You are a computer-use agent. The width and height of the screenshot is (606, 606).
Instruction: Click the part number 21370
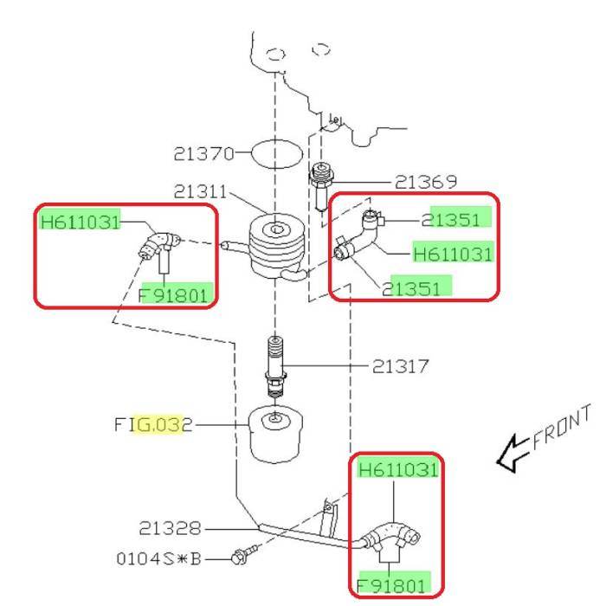coord(203,154)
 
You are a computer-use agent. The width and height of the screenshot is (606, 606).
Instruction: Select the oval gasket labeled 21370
coord(277,154)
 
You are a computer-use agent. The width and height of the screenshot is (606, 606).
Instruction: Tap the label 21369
coord(426,182)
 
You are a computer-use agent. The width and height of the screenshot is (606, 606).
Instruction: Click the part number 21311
coord(200,191)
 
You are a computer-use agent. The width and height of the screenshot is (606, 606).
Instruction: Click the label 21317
coord(400,366)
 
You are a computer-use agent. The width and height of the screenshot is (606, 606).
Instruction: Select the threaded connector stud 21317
coord(275,366)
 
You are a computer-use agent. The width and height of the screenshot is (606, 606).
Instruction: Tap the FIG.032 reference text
coord(153,425)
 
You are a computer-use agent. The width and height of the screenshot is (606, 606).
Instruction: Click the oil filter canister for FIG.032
coord(275,434)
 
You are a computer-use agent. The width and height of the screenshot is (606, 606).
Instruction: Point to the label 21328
coord(170,528)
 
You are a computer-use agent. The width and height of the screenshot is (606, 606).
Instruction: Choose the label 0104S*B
coord(158,558)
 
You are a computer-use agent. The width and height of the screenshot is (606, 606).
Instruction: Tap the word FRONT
coord(561,427)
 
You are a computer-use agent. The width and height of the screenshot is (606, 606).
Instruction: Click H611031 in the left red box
coord(80,222)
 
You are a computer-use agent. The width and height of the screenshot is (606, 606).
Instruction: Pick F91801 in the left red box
coord(173,296)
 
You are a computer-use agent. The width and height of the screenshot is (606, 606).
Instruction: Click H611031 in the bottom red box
coord(398,470)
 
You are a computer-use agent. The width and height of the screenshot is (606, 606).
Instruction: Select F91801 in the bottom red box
coord(391,586)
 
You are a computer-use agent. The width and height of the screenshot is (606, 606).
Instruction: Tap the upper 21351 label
coord(450,220)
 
